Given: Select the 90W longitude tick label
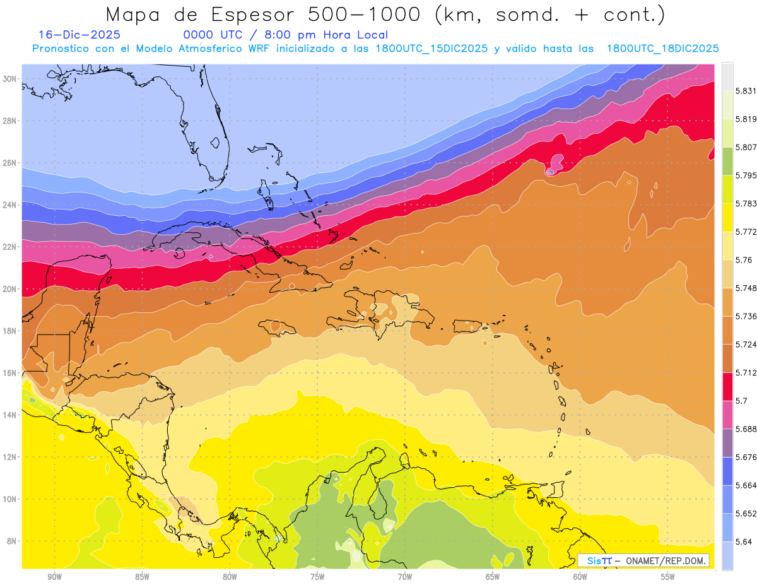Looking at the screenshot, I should pos(55,577).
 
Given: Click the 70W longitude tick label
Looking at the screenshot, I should pos(405,577).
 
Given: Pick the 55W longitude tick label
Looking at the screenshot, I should pos(668,577).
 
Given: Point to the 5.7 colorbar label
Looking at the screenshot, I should pos(741,401).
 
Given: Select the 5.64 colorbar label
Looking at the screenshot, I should pos(742,541).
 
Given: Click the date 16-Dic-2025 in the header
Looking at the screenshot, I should pos(79,35).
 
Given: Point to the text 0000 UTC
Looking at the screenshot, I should pos(212,35).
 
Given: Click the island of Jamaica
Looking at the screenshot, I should pos(281,328).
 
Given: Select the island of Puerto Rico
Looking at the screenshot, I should pos(468,325).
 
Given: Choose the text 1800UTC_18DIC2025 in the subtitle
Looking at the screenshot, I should pos(663,49).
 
